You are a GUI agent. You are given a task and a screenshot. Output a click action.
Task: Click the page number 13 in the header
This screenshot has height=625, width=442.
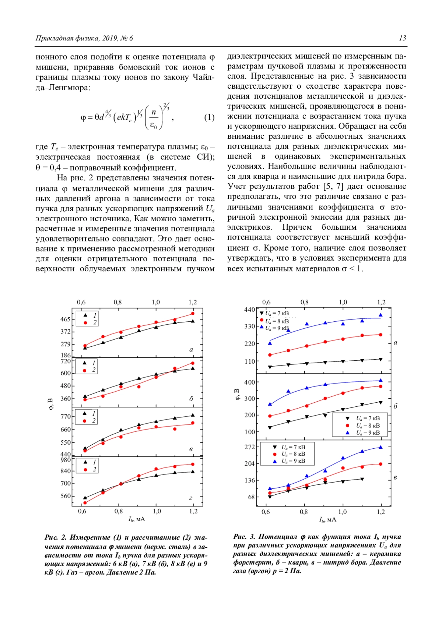402,38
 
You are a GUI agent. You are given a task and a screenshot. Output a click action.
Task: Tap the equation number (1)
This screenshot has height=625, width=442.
209,117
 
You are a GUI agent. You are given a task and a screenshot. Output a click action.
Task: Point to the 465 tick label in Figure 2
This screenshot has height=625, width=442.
65,319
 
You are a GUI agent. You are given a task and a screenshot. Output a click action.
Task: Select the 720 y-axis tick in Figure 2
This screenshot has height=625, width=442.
65,361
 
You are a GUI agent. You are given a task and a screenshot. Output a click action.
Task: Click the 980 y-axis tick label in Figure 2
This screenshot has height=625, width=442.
65,460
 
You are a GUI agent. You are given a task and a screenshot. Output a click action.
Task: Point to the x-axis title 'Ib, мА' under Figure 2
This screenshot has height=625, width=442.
136,519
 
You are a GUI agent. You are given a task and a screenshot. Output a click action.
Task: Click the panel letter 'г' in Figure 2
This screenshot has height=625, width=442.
191,498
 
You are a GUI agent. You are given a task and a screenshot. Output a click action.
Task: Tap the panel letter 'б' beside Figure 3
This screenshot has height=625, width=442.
396,406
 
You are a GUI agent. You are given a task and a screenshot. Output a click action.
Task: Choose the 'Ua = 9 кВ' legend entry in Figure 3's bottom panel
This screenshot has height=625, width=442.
293,461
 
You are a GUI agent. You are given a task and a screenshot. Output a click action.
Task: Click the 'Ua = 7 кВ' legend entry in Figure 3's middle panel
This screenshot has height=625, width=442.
368,419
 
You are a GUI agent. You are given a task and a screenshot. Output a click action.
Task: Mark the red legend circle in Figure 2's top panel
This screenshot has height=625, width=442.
85,323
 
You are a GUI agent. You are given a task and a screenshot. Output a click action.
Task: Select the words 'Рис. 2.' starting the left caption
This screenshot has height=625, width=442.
55,538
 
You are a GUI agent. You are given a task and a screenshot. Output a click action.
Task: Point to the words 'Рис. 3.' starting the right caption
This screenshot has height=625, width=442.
244,537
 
